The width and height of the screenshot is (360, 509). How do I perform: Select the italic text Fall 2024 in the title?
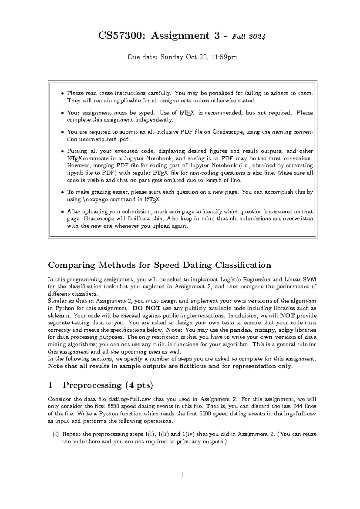coord(248,37)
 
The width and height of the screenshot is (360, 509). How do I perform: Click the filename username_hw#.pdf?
coord(105,140)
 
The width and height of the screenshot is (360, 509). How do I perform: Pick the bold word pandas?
coord(240,330)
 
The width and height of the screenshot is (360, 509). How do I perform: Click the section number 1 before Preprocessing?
coord(50,385)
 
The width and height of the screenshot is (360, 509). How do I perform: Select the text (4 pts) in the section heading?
coord(138,385)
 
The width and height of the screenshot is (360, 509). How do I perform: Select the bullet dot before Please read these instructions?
coord(62,93)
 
